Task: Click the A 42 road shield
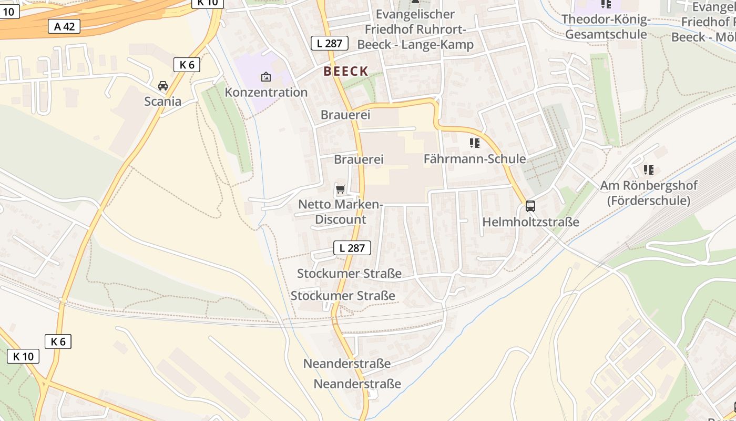65,26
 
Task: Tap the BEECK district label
345,72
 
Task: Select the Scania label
163,102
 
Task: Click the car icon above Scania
163,85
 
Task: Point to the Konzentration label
266,93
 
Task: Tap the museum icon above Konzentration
266,77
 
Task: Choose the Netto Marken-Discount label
340,212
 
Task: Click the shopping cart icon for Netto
340,189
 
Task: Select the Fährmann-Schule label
475,159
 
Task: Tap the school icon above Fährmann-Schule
475,143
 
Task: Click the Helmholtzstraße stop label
531,222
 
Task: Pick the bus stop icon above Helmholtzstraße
530,206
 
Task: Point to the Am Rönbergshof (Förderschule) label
649,193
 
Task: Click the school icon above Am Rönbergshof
649,170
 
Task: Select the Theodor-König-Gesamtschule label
606,27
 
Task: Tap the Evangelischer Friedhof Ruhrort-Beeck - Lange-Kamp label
415,29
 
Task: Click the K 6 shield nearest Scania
187,65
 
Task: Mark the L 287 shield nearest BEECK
330,43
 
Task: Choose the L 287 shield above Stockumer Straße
352,248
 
